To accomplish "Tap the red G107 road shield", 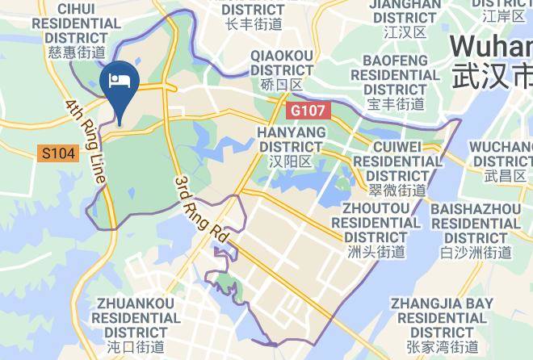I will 309,108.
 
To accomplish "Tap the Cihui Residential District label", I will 77,23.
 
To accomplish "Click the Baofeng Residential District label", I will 395,75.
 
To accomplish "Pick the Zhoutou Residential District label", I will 381,223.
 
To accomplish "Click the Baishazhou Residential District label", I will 476,223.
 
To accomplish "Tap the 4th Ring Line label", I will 86,141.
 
